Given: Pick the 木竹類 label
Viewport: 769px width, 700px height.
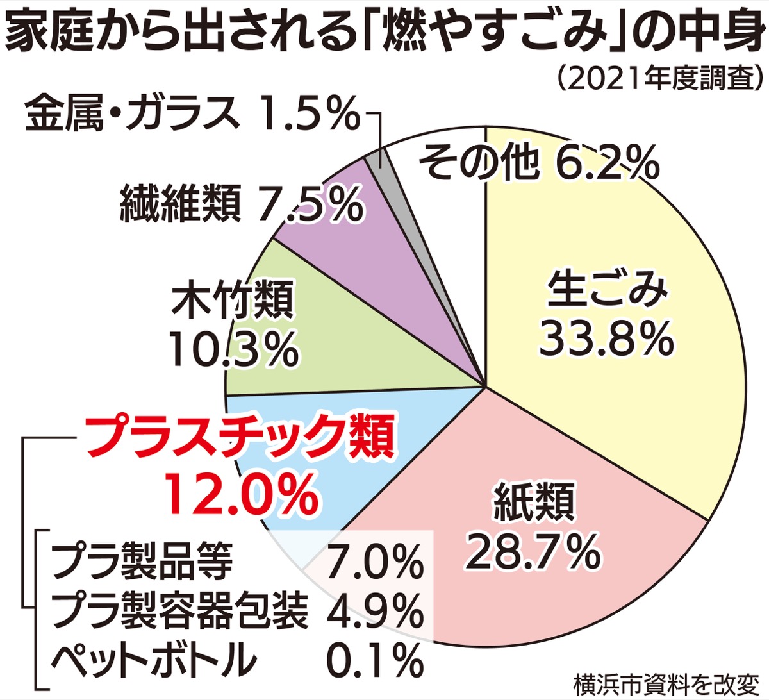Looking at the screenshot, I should click(232, 299).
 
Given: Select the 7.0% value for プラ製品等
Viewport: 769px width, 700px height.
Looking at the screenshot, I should click(376, 562).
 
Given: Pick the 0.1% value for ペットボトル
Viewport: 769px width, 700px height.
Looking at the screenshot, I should click(376, 658).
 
